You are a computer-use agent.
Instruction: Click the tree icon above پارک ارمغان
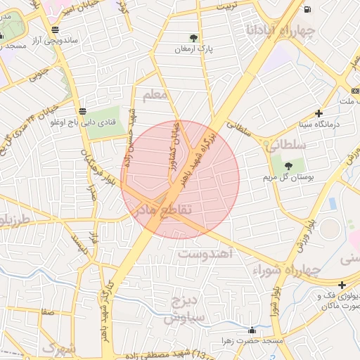tap(193, 38)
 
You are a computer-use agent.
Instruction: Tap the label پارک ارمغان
tap(193, 50)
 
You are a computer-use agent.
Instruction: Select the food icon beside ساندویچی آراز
tap(55, 30)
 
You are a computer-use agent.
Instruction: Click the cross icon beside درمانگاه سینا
tap(319, 112)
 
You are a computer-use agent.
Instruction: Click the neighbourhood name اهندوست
tap(205, 252)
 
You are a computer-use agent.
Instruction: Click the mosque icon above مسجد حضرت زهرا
tap(252, 330)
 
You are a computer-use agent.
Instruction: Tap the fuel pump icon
tap(308, 9)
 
